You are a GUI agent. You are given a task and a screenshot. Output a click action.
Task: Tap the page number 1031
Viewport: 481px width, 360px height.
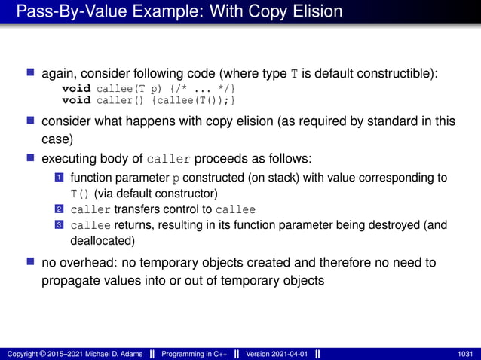pos(466,353)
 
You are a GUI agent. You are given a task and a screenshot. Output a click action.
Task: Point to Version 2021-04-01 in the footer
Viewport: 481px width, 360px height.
pos(277,353)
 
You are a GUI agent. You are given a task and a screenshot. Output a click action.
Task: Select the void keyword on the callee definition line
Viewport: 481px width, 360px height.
pos(76,89)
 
